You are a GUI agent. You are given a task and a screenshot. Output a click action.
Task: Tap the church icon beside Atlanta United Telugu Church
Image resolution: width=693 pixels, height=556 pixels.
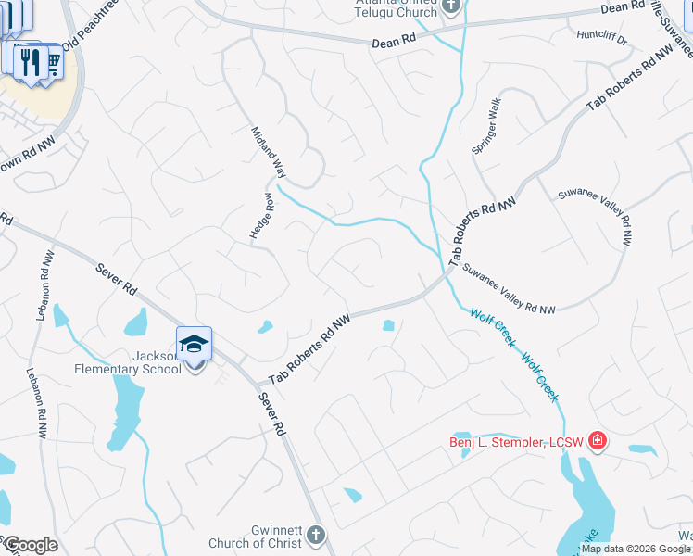451,7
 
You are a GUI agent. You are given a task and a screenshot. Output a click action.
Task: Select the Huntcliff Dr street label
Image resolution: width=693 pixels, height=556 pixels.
601,40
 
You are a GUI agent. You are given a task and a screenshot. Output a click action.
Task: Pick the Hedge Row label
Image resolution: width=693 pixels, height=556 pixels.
262,216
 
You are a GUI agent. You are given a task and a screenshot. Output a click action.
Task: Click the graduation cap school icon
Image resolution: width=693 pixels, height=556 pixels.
195,344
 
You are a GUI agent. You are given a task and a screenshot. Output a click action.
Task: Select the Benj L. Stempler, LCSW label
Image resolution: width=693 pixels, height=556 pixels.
516,441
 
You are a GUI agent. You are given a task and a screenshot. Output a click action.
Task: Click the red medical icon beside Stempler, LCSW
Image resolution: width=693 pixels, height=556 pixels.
598,440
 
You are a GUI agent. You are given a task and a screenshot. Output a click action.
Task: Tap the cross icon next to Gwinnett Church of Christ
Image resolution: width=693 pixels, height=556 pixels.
315,536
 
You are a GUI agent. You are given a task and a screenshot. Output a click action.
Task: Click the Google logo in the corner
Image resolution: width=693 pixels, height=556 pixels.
30,545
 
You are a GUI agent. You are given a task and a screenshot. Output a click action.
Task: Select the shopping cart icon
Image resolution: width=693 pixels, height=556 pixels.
52,60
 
